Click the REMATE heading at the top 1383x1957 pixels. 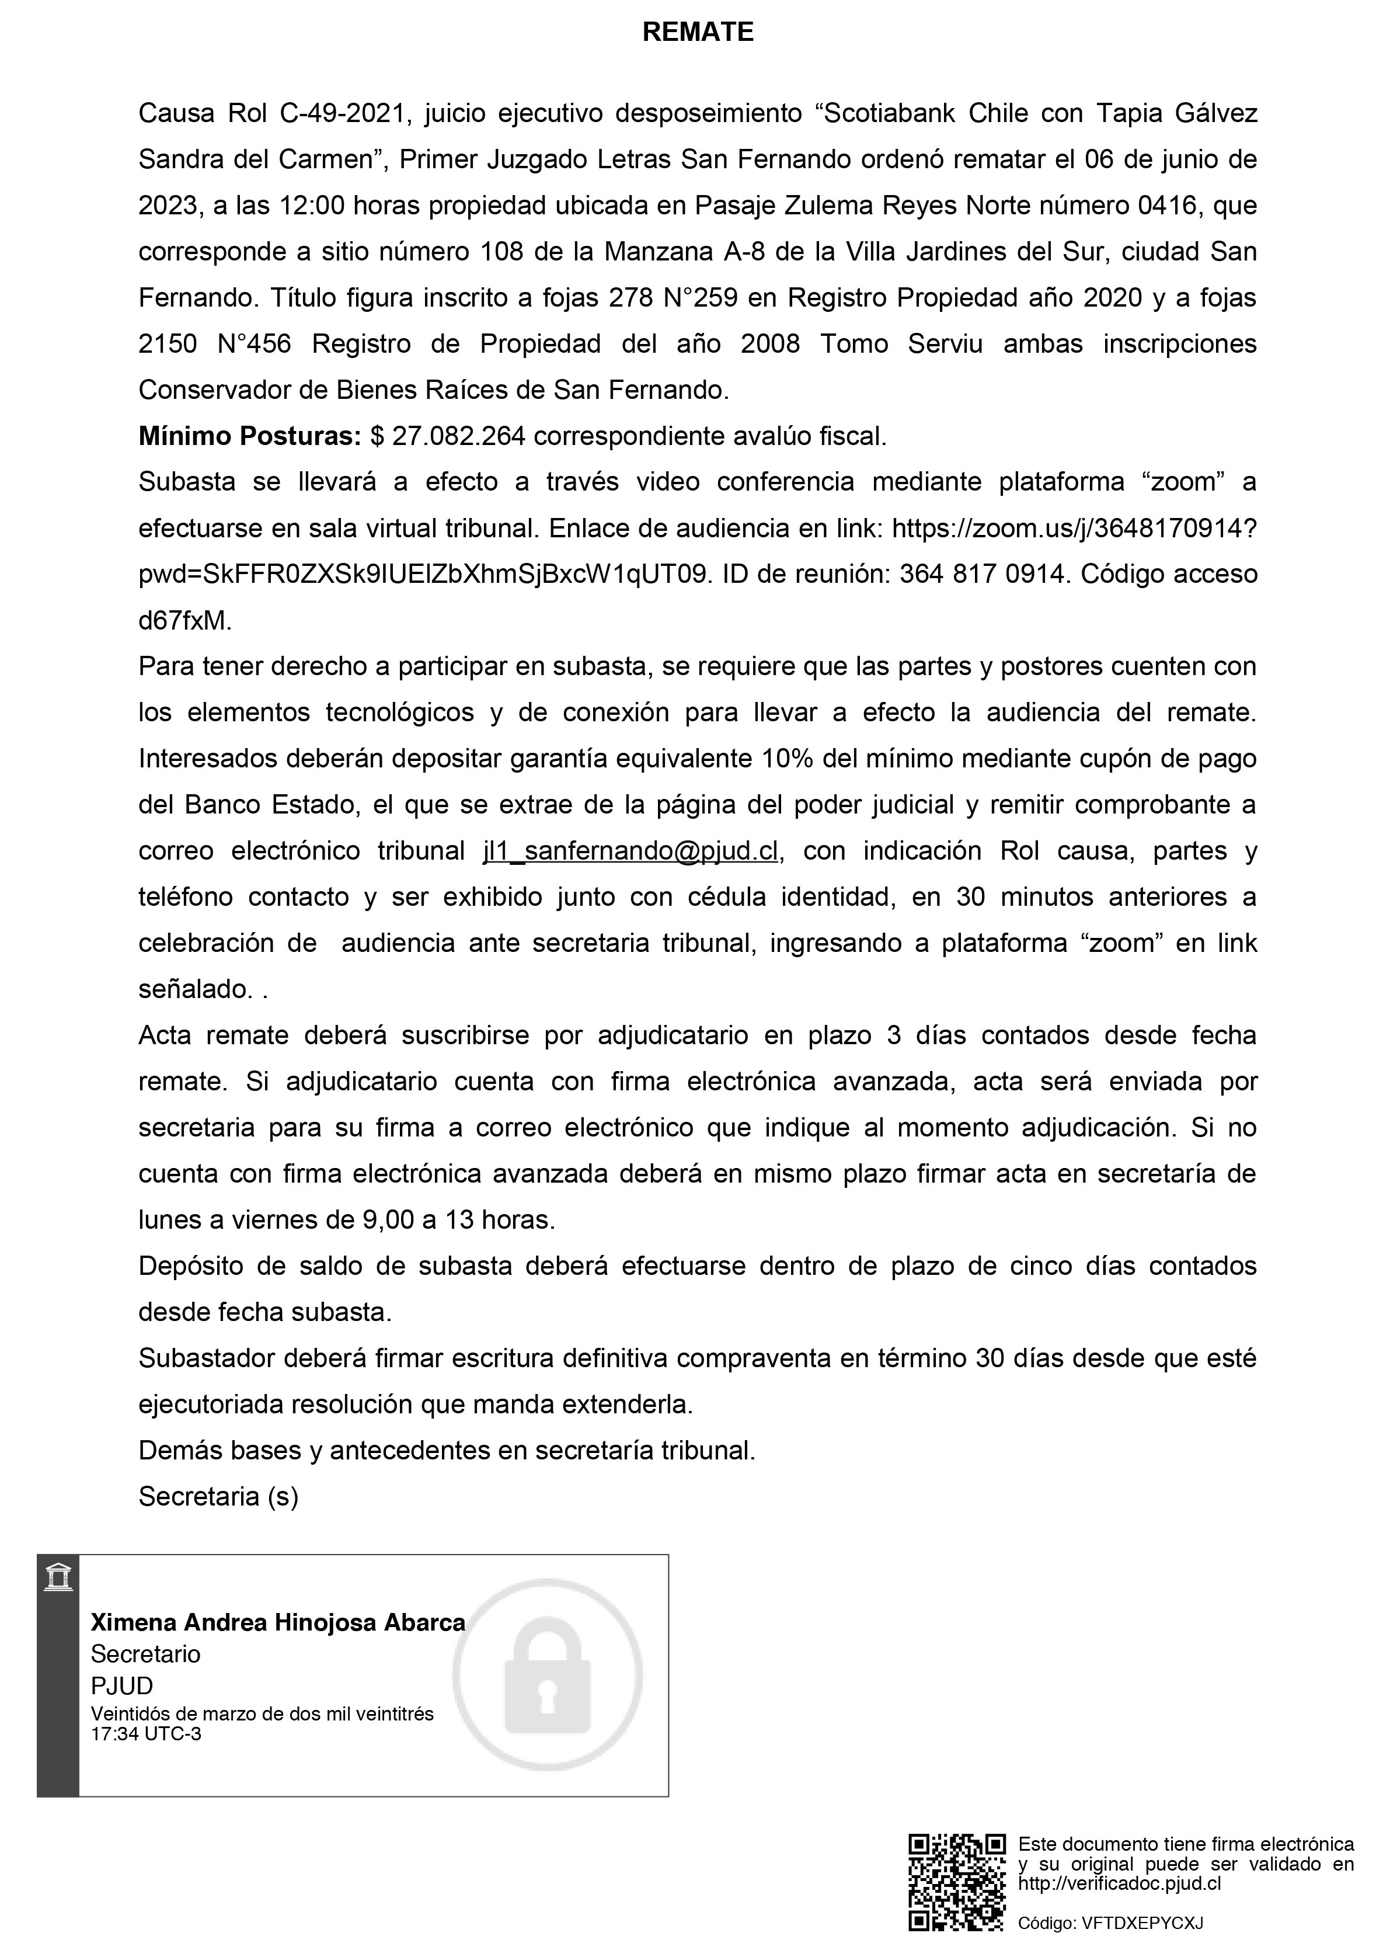pos(697,32)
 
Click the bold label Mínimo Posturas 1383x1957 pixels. pos(250,436)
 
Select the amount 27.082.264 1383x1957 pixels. pos(458,436)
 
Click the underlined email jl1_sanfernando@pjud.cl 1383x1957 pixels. pos(630,851)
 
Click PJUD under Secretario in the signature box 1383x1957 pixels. pos(122,1686)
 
